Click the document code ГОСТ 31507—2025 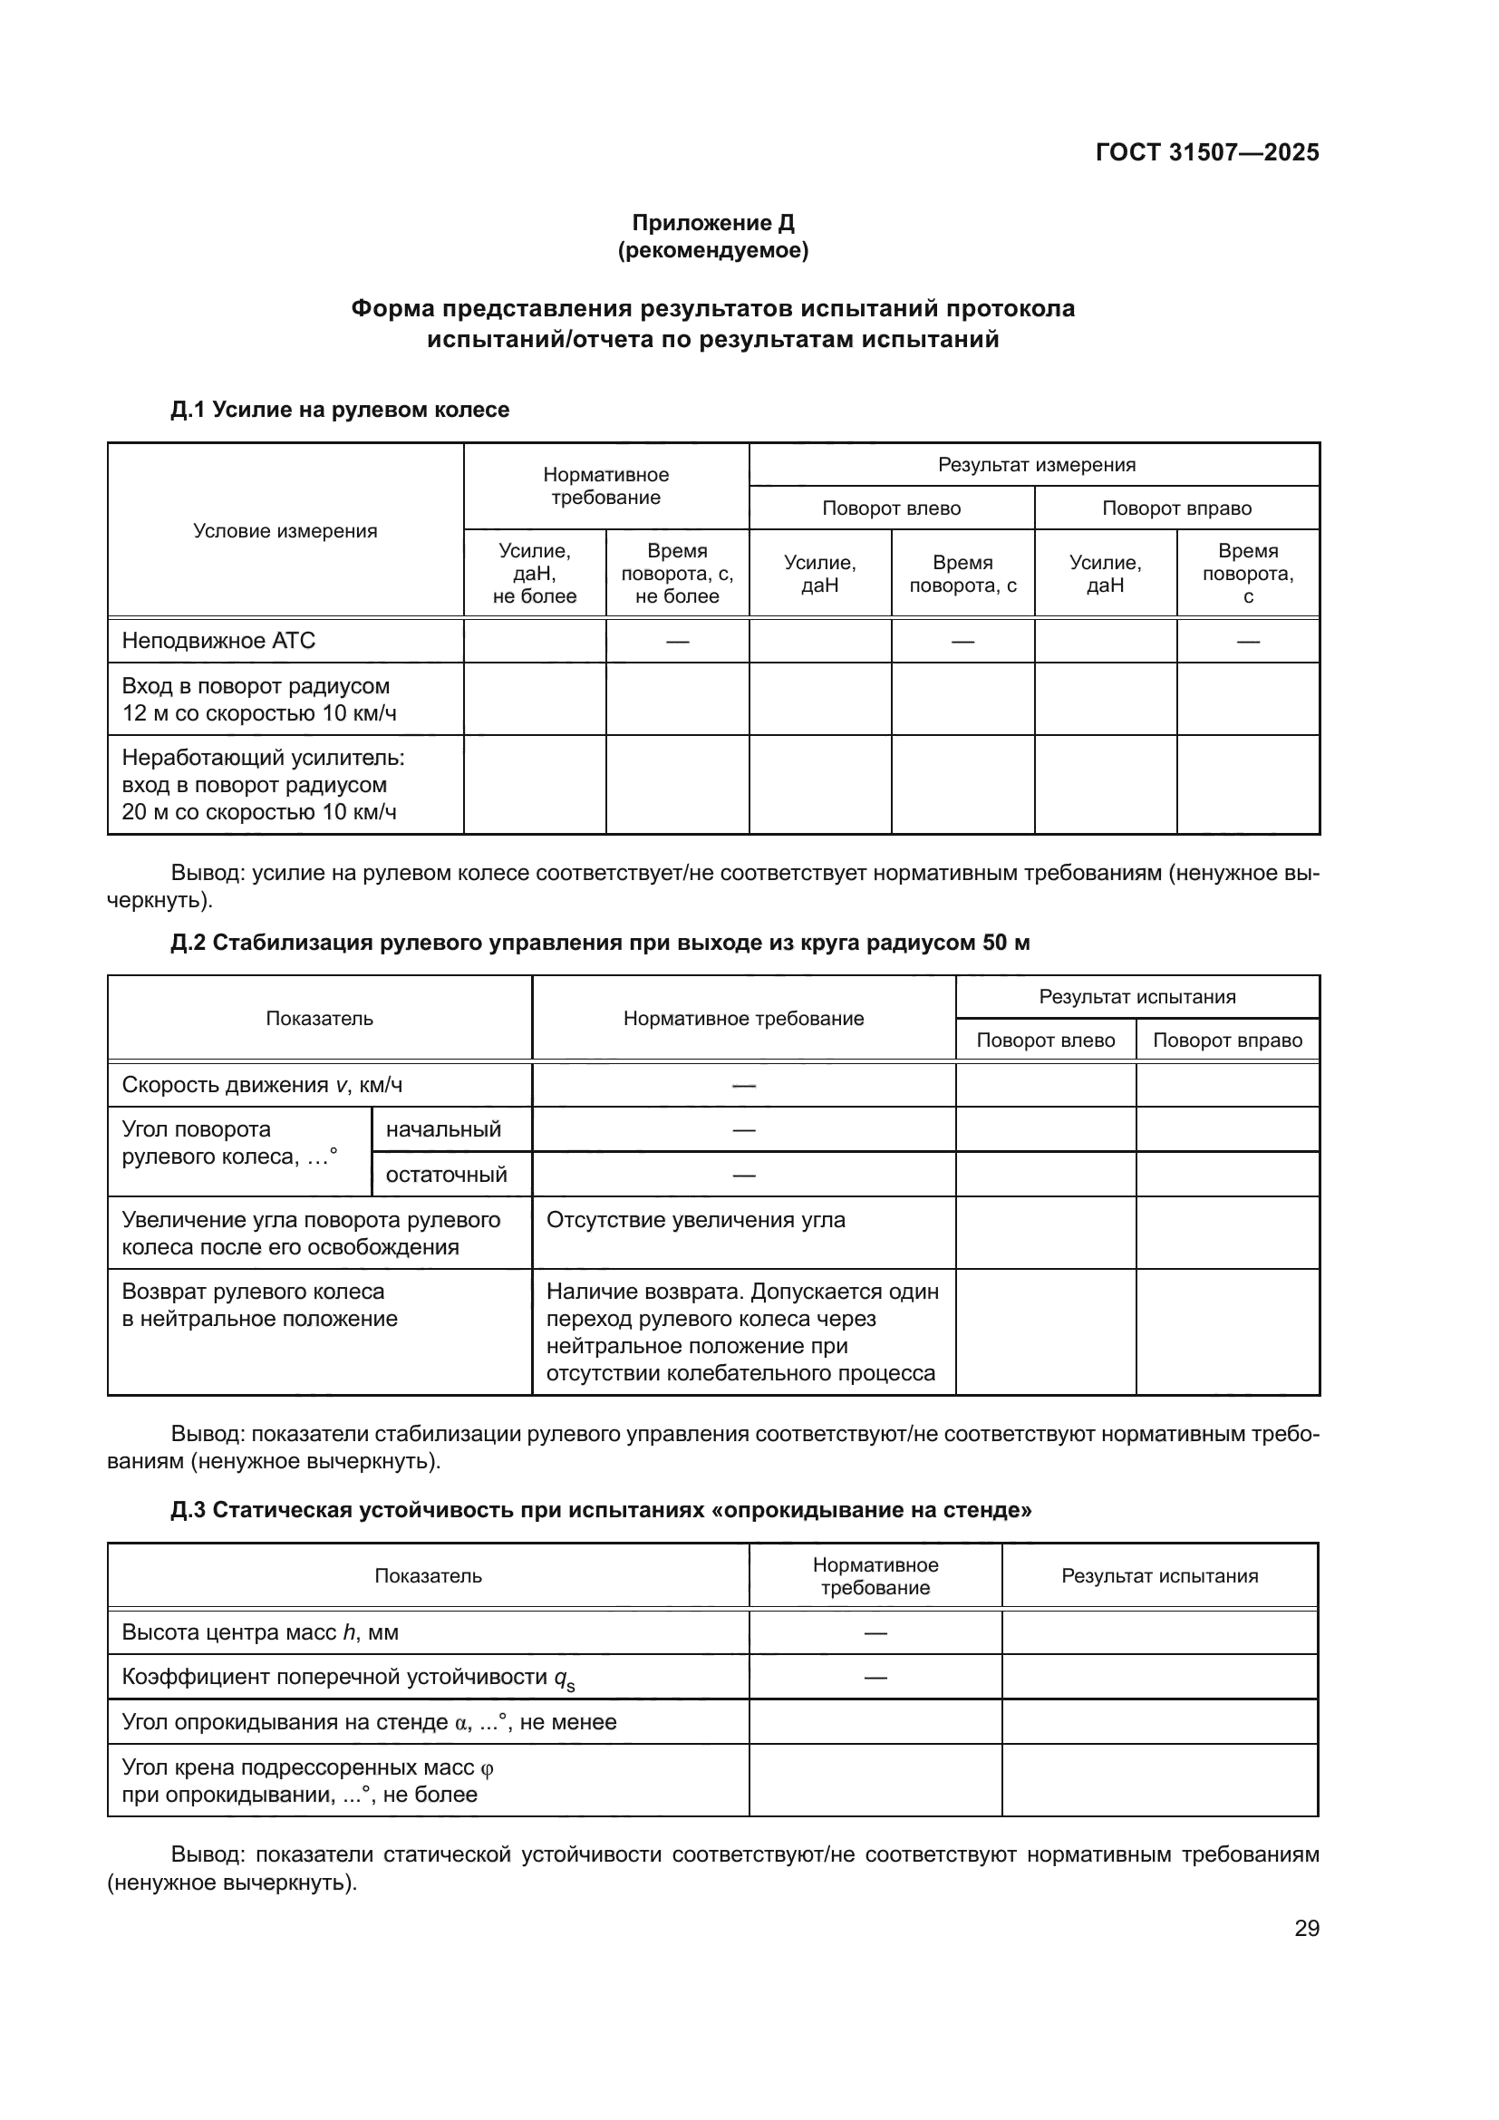pyautogui.click(x=1206, y=152)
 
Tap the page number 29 pyautogui.click(x=1306, y=1929)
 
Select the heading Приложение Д pyautogui.click(x=712, y=223)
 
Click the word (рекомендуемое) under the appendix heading pyautogui.click(x=712, y=250)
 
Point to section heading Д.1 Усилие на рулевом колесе pyautogui.click(x=340, y=409)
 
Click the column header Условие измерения pyautogui.click(x=285, y=531)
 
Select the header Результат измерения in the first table pyautogui.click(x=1036, y=464)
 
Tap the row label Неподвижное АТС pyautogui.click(x=218, y=641)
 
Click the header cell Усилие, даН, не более pyautogui.click(x=535, y=574)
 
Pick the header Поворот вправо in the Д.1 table pyautogui.click(x=1176, y=508)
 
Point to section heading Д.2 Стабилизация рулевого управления pyautogui.click(x=600, y=943)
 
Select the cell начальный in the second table pyautogui.click(x=443, y=1129)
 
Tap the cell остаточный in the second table pyautogui.click(x=446, y=1175)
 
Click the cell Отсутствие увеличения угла pyautogui.click(x=695, y=1220)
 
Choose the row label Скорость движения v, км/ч pyautogui.click(x=262, y=1085)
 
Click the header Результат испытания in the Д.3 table pyautogui.click(x=1159, y=1576)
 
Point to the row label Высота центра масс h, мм pyautogui.click(x=260, y=1632)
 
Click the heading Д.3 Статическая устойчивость pyautogui.click(x=600, y=1510)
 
